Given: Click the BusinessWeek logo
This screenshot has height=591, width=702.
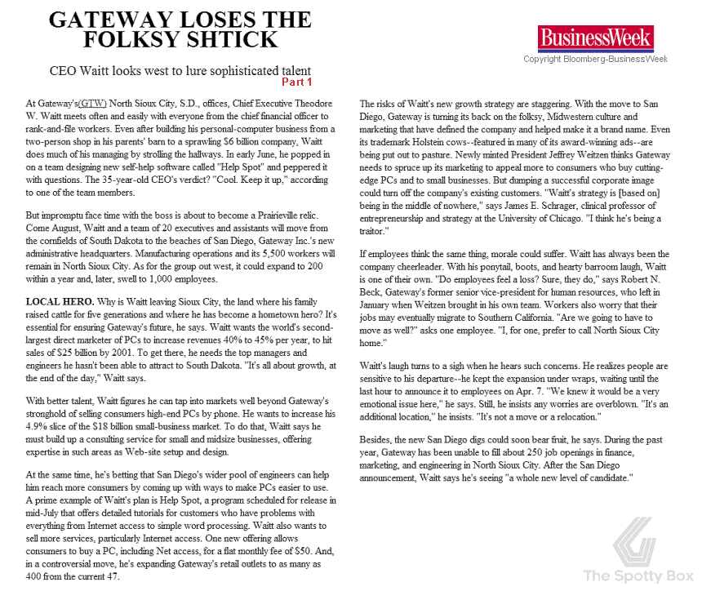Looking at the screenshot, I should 595,37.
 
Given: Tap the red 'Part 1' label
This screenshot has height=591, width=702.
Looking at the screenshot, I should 296,82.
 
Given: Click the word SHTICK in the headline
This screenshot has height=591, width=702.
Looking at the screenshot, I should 233,39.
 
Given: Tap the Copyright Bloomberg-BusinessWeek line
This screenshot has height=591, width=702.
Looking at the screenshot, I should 596,59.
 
